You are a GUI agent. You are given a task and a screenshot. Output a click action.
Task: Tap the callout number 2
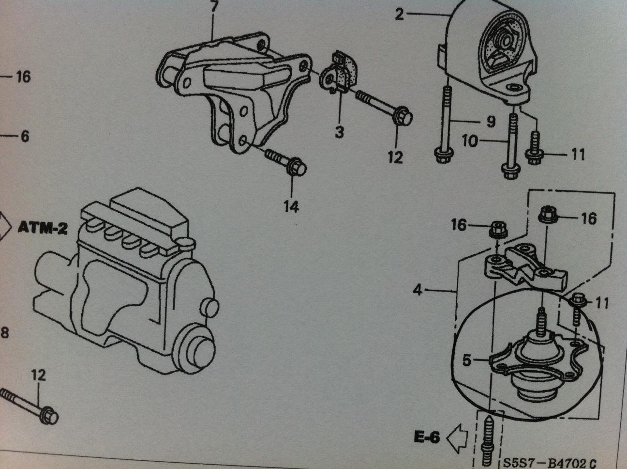click(x=399, y=15)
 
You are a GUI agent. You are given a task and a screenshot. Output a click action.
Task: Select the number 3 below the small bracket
click(x=339, y=131)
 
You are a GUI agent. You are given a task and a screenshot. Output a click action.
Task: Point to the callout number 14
click(x=291, y=206)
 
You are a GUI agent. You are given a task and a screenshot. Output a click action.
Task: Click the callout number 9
click(x=491, y=121)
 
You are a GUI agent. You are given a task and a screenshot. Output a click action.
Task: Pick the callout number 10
click(x=470, y=141)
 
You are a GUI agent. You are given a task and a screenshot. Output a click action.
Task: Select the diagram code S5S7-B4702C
click(x=550, y=462)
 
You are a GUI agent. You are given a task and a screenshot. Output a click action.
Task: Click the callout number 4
click(x=418, y=290)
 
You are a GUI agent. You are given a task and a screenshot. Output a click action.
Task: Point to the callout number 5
click(x=466, y=361)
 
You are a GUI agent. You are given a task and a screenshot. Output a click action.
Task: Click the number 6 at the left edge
click(x=24, y=137)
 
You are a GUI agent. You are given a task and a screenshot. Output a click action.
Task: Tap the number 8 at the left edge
click(x=5, y=333)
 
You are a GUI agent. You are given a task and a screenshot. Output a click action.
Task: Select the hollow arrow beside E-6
click(x=455, y=438)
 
